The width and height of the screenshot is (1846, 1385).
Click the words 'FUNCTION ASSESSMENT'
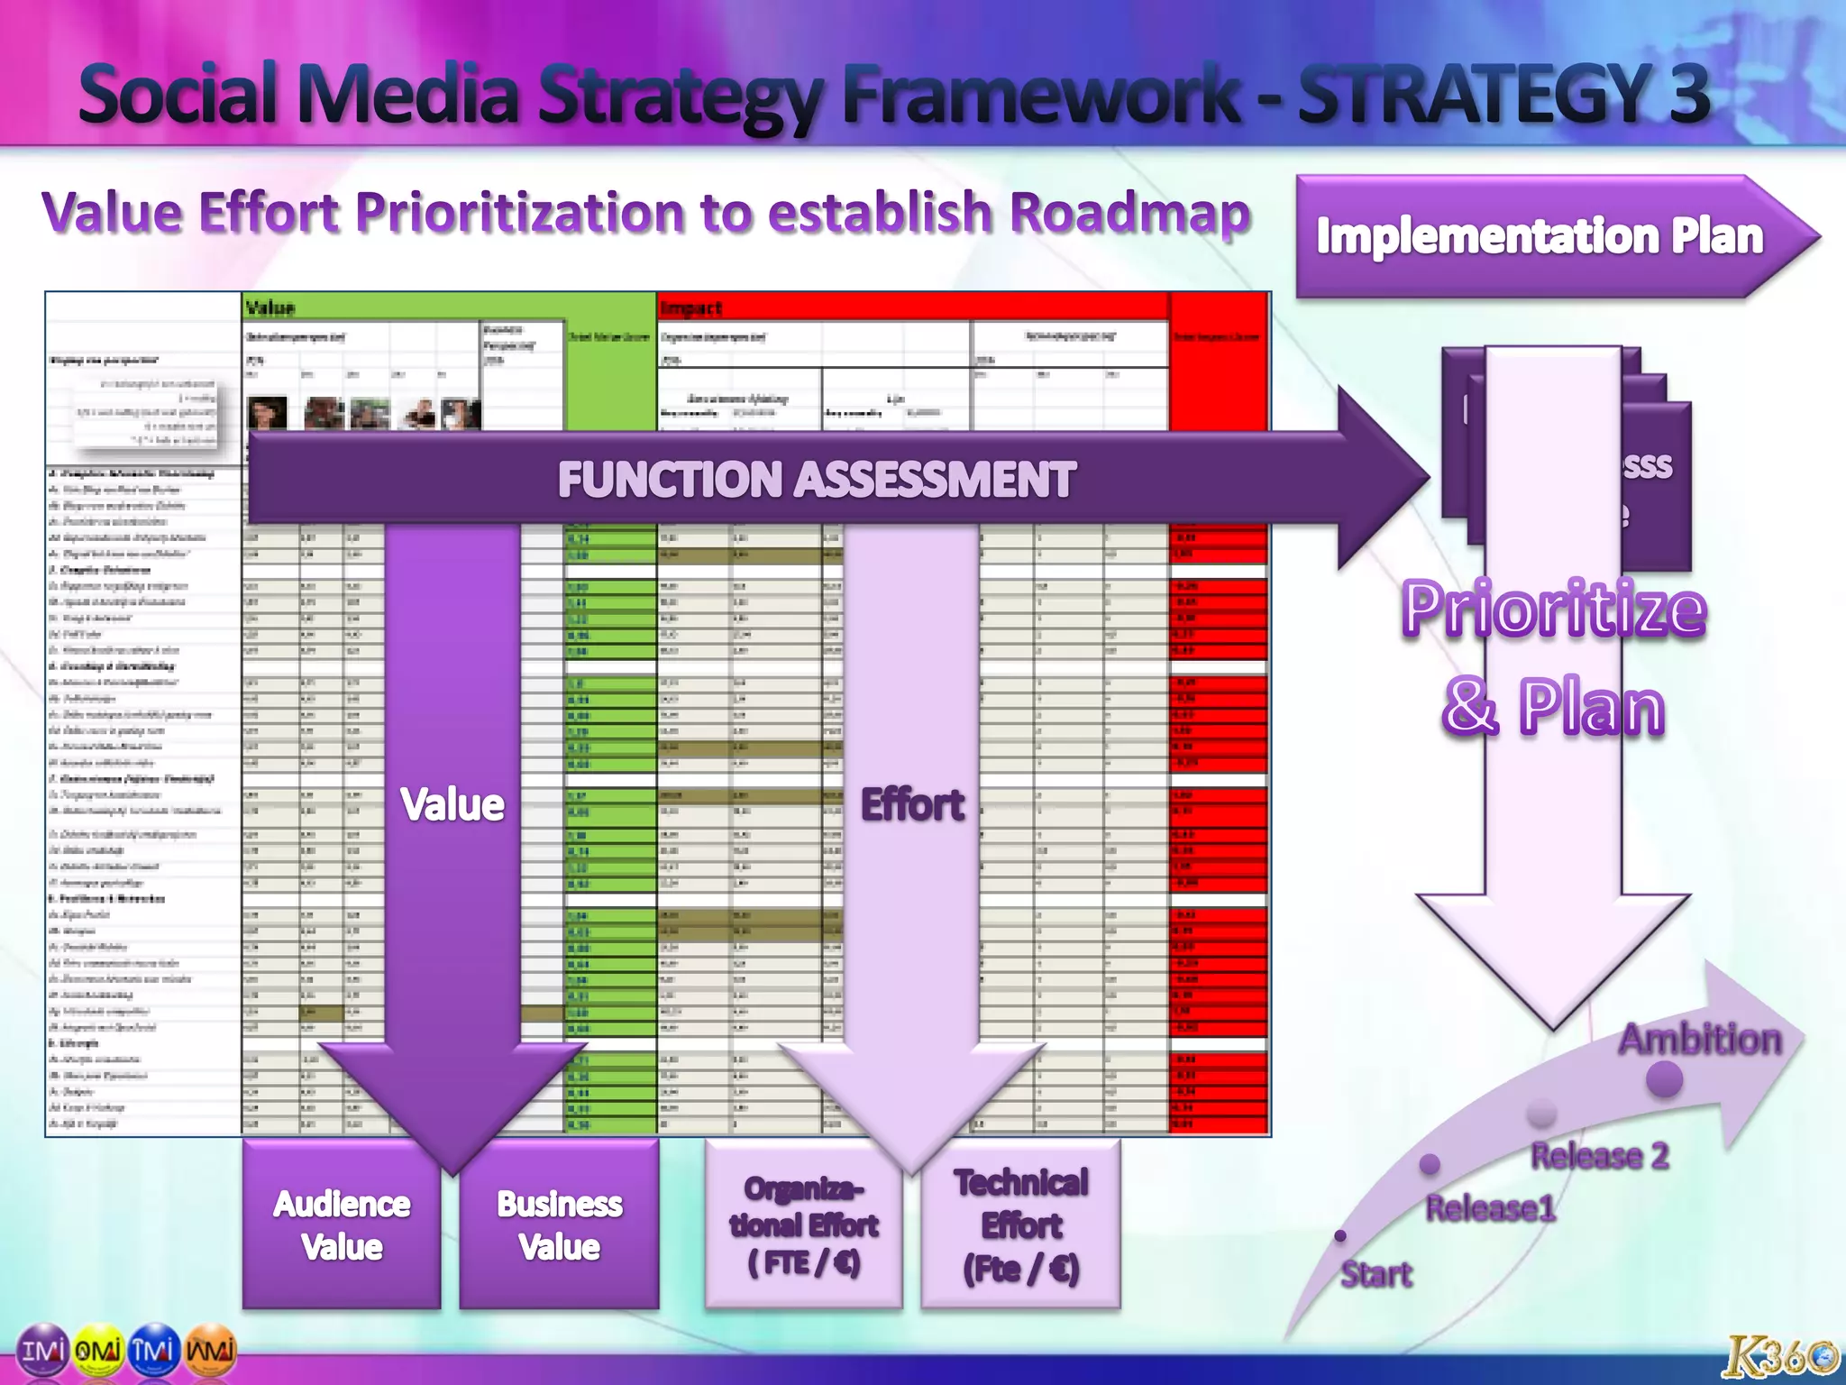tap(816, 479)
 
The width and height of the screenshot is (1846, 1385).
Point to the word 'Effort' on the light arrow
tap(912, 804)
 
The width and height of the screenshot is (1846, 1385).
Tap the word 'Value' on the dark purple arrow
tap(452, 804)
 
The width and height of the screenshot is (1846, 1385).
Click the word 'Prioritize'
tap(1553, 610)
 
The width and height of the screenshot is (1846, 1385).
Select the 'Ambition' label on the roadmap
tap(1700, 1040)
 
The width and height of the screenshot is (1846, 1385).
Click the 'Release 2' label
tap(1599, 1156)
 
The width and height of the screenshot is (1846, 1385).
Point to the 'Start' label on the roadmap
tap(1375, 1274)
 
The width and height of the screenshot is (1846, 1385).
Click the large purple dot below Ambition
tap(1664, 1079)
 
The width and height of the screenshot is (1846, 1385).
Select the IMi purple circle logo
tap(43, 1350)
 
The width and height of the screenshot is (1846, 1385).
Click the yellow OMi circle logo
tap(99, 1350)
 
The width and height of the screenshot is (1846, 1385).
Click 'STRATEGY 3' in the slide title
tap(1503, 94)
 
